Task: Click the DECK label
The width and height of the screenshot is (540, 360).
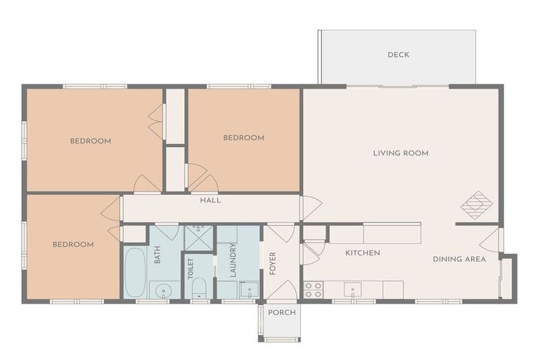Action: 398,55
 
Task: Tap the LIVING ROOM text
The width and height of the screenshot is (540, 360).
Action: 401,153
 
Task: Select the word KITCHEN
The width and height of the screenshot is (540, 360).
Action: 363,253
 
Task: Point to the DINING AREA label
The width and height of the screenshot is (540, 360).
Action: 458,259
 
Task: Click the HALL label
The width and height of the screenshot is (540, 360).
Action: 210,200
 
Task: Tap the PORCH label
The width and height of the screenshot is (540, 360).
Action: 283,312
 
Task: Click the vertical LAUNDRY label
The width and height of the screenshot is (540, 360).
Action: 231,261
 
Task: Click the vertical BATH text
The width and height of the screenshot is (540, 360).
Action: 157,254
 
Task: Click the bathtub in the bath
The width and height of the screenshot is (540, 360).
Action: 134,271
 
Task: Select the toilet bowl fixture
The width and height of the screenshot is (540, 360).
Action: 199,288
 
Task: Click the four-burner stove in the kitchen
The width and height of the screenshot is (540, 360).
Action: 313,289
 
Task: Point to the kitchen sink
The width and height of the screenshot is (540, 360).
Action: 353,289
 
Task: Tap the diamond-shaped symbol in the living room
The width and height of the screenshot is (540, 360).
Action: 476,205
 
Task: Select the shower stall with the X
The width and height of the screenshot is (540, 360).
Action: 198,237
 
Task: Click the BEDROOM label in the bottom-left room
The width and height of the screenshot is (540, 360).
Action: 73,245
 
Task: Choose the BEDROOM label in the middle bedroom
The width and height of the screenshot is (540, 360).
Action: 243,138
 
